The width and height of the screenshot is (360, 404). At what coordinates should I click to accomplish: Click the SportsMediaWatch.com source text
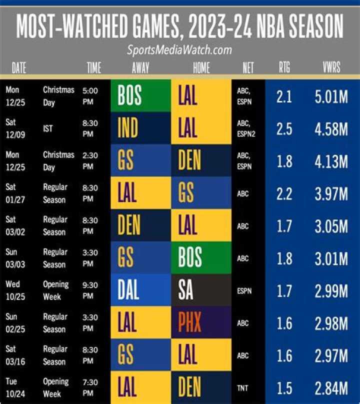coord(179,50)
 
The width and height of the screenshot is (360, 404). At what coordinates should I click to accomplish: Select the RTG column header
coord(284,68)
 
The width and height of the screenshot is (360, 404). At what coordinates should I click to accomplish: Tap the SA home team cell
coord(201,290)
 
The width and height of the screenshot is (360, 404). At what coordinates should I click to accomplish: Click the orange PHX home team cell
coord(201,322)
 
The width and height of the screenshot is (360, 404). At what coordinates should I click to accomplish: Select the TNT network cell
coord(243,387)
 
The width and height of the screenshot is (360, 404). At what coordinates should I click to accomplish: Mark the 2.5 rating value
coord(284,128)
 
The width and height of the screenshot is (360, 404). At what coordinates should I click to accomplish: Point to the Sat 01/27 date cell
coord(14,193)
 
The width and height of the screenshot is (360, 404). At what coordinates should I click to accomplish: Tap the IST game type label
coord(49,128)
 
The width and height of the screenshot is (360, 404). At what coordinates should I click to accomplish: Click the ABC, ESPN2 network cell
coord(247,128)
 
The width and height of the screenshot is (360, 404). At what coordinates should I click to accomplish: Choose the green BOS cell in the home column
coord(201,258)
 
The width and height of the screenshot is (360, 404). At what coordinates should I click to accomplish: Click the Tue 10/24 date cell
coord(14,387)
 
